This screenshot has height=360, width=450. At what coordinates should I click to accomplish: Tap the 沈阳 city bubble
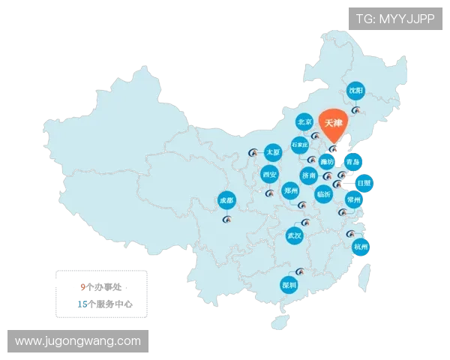[355, 91]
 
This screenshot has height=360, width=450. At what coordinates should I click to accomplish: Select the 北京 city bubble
[304, 121]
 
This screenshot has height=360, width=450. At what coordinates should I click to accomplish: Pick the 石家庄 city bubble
[300, 144]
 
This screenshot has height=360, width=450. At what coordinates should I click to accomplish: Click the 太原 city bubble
[273, 152]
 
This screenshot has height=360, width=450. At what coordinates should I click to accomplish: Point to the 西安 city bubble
[270, 175]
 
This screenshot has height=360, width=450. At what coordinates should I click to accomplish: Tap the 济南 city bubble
[309, 175]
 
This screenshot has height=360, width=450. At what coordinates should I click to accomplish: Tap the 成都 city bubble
[226, 200]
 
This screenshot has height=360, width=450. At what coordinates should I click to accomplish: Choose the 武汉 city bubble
[295, 235]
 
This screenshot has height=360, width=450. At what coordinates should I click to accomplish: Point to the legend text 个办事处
[109, 286]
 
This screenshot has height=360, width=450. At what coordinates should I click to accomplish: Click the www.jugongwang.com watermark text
[78, 341]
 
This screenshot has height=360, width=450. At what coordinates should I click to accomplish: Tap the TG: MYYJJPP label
[394, 19]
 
